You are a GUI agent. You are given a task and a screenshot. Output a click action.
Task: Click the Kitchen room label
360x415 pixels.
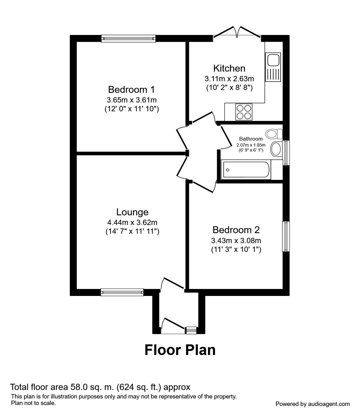(229, 68)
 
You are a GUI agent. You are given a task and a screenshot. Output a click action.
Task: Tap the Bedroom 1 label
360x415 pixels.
(131, 90)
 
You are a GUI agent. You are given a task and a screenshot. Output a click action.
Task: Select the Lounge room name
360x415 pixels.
(132, 212)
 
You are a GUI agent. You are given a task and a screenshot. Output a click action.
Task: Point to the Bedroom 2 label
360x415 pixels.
(236, 230)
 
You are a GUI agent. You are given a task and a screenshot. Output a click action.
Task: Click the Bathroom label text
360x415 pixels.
(251, 139)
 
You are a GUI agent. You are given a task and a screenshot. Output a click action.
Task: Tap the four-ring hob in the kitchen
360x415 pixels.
(244, 112)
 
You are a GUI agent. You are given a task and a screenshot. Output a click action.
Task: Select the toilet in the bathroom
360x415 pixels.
(273, 134)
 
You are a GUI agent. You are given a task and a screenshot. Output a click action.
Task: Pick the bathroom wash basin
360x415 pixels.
(276, 149)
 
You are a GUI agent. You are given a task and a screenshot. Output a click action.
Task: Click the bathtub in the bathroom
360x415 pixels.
(246, 170)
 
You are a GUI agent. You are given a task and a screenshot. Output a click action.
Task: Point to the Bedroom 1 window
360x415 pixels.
(128, 38)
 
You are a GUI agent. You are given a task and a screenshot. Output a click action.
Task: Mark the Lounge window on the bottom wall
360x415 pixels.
(122, 292)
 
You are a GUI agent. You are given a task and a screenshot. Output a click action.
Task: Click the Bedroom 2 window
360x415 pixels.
(286, 236)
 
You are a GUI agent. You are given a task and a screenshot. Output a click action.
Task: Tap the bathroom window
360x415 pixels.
(286, 152)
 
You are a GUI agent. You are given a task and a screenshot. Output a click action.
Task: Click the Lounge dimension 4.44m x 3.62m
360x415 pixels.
(132, 222)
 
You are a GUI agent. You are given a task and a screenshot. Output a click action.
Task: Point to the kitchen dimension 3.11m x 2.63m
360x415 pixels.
(229, 78)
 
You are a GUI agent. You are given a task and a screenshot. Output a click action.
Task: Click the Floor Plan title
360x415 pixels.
(180, 350)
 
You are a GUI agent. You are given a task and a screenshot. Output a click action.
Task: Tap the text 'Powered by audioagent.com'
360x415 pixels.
(312, 404)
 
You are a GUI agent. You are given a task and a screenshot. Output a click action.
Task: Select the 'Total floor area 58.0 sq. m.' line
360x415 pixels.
(100, 387)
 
